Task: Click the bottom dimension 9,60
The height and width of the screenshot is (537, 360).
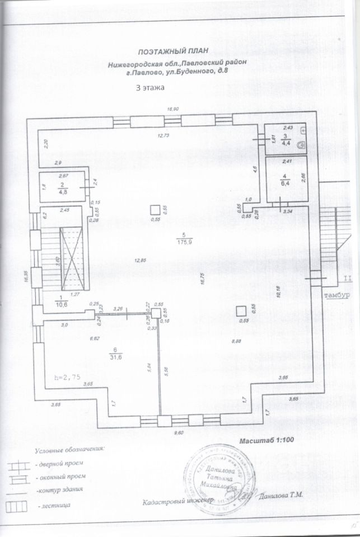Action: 179,433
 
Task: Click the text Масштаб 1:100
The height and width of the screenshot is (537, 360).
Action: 263,441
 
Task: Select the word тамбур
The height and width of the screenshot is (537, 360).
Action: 336,294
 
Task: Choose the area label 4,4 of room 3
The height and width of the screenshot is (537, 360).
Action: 286,144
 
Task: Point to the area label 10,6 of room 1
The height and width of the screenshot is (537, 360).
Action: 61,305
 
